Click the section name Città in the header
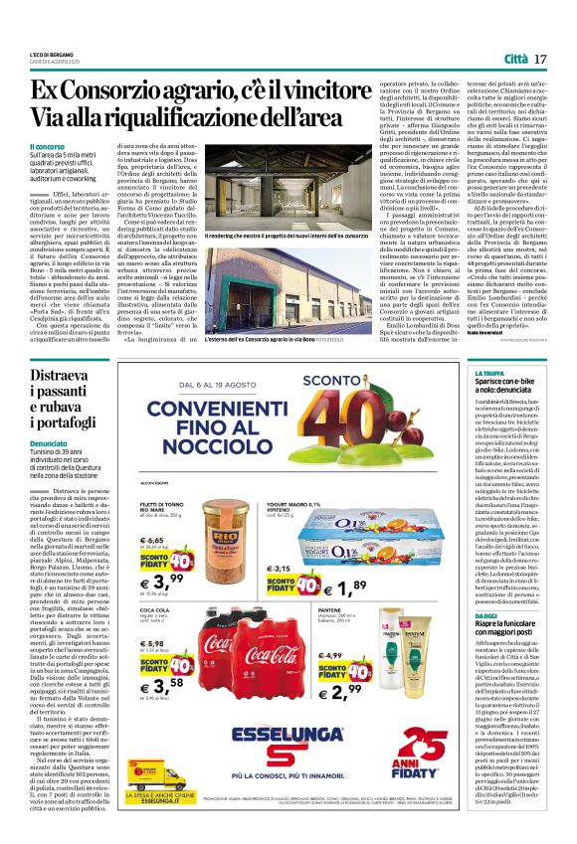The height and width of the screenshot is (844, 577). point(515,61)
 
